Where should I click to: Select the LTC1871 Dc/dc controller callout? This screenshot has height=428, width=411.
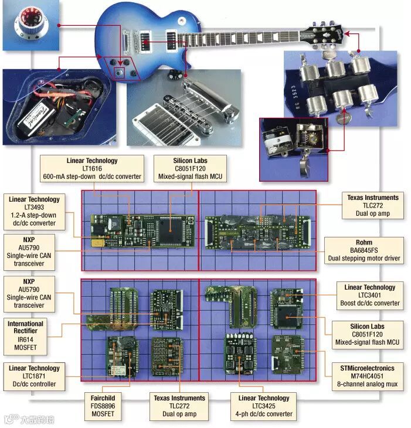click(34, 376)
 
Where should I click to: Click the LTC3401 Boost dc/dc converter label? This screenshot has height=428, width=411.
click(369, 295)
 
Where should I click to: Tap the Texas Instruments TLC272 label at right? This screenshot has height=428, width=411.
click(372, 206)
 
